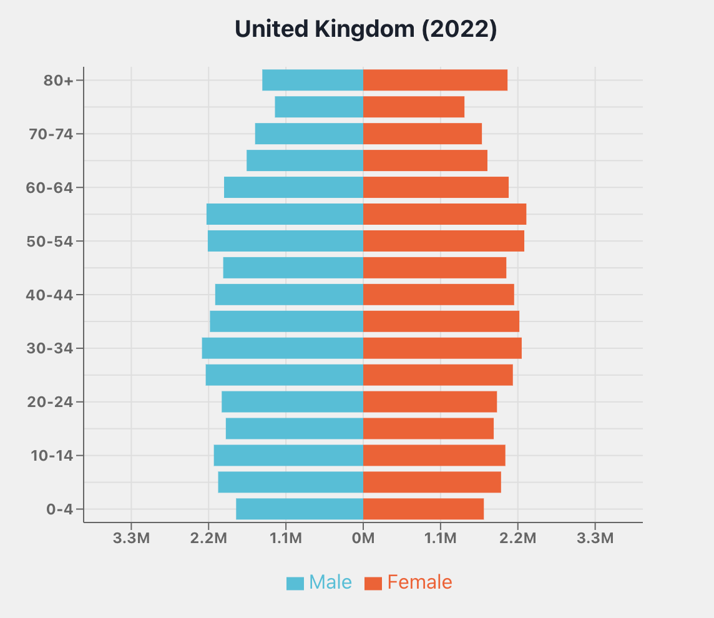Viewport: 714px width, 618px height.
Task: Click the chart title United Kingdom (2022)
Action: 366,29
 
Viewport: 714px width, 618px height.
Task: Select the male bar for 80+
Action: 313,81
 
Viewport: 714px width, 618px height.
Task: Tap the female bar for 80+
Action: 435,81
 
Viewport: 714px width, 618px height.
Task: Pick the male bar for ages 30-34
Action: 283,348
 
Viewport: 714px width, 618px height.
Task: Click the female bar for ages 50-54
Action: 443,241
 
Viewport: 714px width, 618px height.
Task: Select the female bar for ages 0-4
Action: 423,509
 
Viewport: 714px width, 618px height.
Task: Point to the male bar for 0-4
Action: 300,509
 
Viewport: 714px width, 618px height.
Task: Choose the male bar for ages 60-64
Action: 293,187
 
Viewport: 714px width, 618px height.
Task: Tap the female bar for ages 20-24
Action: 430,402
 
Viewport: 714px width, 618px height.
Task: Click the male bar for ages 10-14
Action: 288,456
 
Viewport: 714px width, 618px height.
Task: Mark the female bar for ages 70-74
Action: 423,134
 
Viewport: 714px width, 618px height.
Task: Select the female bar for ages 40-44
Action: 438,295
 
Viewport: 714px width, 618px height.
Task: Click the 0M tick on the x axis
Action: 363,538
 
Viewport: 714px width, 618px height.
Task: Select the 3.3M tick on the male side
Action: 131,538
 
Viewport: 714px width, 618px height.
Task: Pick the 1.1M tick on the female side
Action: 441,538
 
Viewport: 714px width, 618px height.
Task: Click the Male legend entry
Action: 320,582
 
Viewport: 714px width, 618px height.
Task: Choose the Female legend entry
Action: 409,582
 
